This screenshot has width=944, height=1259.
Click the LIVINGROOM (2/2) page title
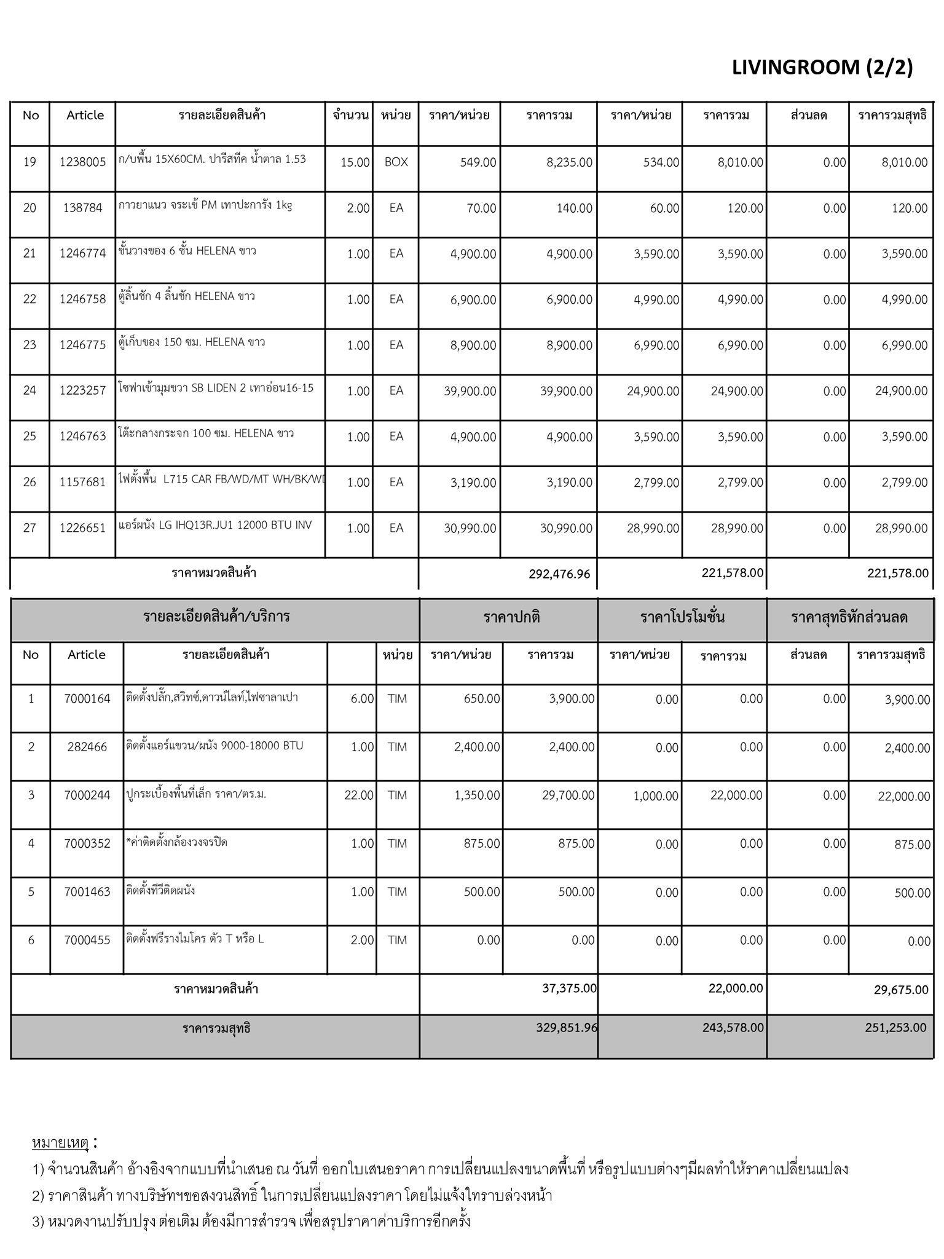coord(822,67)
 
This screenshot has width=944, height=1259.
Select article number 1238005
coord(83,162)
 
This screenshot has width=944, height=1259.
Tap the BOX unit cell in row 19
coord(396,162)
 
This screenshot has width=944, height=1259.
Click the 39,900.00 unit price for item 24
coord(470,391)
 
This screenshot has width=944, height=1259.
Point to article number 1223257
coord(83,390)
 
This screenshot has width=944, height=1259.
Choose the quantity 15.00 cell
coord(355,162)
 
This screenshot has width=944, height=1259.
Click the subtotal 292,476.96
coord(559,574)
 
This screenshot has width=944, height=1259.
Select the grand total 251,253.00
coord(895,1027)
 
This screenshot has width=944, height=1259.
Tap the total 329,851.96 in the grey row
coord(566,1027)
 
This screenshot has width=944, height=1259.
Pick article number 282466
coord(87,747)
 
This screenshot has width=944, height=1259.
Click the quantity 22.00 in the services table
coord(359,795)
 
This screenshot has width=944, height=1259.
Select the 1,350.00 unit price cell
coord(477,795)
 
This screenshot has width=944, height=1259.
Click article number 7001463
coord(87,892)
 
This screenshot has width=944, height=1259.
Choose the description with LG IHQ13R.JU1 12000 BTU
coord(215,526)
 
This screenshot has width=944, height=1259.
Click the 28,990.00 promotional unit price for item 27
coord(653,529)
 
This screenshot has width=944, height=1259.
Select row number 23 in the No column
coord(29,345)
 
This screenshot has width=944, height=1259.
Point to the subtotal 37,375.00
coord(569,988)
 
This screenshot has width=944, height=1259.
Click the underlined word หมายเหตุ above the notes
coord(60,1143)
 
